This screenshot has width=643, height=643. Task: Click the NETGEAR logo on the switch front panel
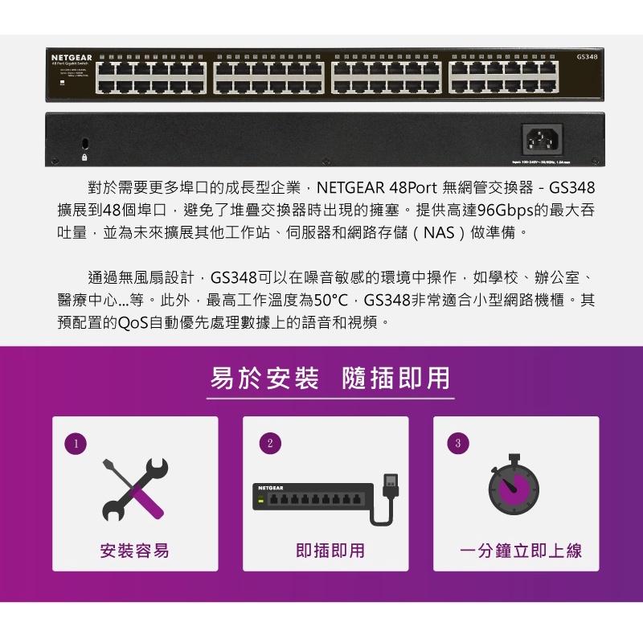72,58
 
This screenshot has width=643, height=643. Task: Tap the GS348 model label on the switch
586,57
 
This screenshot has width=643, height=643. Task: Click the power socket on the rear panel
542,140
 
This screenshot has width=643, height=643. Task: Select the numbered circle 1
75,444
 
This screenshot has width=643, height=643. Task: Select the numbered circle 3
458,444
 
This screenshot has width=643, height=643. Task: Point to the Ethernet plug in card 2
391,487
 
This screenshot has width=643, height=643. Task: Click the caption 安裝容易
135,551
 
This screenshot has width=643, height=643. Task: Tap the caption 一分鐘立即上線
521,551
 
